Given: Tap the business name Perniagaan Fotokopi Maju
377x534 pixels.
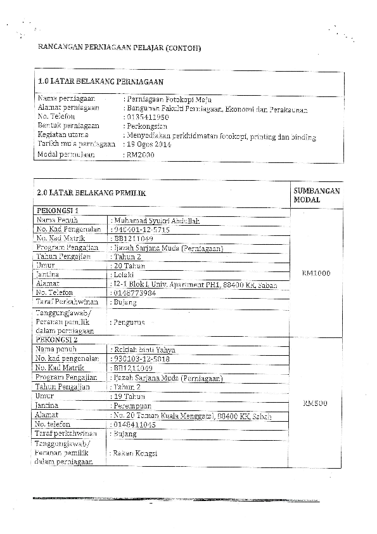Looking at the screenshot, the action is point(167,100).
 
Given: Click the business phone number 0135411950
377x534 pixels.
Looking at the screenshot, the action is point(148,117).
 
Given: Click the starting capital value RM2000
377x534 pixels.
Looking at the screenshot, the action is point(141,154).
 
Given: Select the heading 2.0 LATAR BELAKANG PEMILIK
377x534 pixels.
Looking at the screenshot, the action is point(91,193).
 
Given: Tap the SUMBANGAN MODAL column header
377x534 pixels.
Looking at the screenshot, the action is point(316,195).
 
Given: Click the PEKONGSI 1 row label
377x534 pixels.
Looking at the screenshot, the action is point(58,210).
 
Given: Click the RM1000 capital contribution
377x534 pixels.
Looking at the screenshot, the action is point(316,273).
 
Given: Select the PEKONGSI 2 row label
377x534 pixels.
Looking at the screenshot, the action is point(58,340).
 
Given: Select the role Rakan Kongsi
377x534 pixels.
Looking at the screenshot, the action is point(134,453).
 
